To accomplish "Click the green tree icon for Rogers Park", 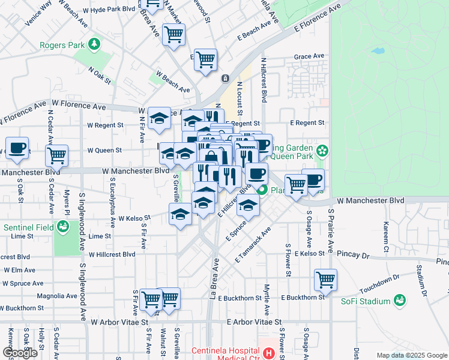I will click(x=94, y=44).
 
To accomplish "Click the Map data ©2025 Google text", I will click(x=412, y=355).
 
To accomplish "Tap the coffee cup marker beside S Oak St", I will click(x=17, y=148).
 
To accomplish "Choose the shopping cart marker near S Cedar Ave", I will click(x=56, y=155).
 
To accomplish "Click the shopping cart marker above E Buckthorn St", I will click(x=325, y=279).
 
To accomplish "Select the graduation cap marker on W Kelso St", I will click(x=181, y=214).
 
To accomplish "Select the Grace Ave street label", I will click(x=309, y=56).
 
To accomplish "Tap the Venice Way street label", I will click(x=38, y=14).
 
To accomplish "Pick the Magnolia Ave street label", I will click(x=57, y=296).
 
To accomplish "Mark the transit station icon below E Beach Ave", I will click(x=226, y=78).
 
